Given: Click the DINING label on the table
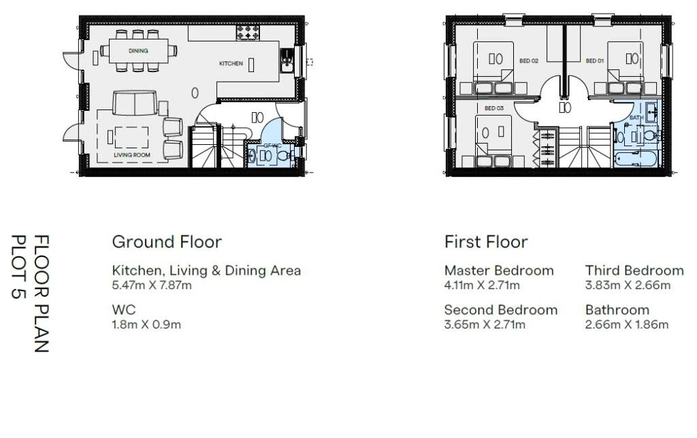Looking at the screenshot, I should tap(138, 51).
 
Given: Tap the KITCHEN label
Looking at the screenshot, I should tap(230, 63).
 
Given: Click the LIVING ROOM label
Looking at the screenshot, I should tap(132, 155).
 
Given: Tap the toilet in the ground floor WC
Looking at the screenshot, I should tap(283, 156).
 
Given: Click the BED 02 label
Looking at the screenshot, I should tap(529, 61).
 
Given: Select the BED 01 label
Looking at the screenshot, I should tap(594, 61).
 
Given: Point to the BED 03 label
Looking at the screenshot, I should tap(494, 108).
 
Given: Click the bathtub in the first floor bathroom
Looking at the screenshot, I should tap(634, 160).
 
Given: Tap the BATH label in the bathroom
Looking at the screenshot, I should tap(636, 118).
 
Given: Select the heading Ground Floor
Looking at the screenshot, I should tap(167, 241).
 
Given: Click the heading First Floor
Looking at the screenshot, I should tap(486, 241).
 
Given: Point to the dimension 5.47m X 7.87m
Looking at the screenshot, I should tap(152, 286).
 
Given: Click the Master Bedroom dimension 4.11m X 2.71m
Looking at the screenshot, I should tap(482, 286).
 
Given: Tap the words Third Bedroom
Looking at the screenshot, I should tap(634, 271).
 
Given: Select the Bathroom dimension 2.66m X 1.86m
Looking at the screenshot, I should tap(627, 325).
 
